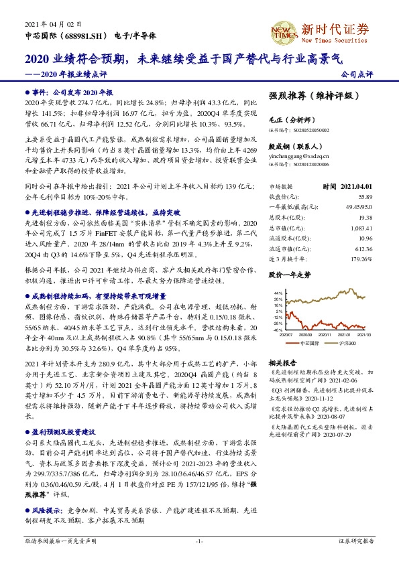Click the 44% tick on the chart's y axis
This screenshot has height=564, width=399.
[x=277, y=293]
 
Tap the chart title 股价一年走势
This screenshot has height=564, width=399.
[x=290, y=275]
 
